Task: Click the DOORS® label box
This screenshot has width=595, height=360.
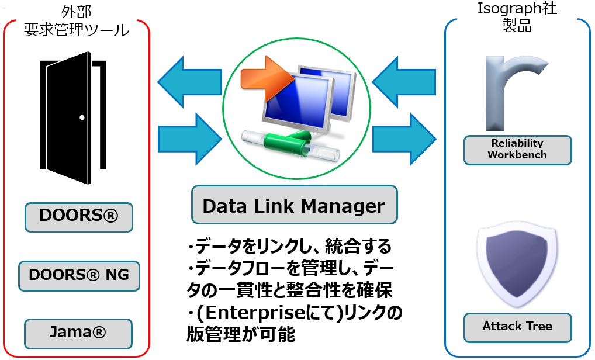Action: click(x=79, y=217)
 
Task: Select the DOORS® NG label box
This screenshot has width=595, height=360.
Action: click(x=79, y=276)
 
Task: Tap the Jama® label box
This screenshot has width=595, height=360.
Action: click(x=78, y=334)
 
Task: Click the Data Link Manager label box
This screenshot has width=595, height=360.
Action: click(x=295, y=205)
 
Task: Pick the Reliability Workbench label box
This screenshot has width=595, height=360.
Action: click(x=518, y=150)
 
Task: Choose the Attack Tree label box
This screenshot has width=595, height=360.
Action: click(x=518, y=327)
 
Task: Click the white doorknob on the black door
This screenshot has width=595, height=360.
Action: click(x=82, y=117)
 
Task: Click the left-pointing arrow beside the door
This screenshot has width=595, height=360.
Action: click(x=189, y=82)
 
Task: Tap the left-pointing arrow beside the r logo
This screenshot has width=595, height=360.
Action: click(x=404, y=82)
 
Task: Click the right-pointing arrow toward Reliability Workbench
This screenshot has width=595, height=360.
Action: click(x=404, y=139)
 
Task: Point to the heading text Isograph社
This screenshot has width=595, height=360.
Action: click(x=517, y=8)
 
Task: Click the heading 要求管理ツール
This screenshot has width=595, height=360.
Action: click(x=77, y=30)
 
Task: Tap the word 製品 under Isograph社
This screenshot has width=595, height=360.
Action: click(x=517, y=25)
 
